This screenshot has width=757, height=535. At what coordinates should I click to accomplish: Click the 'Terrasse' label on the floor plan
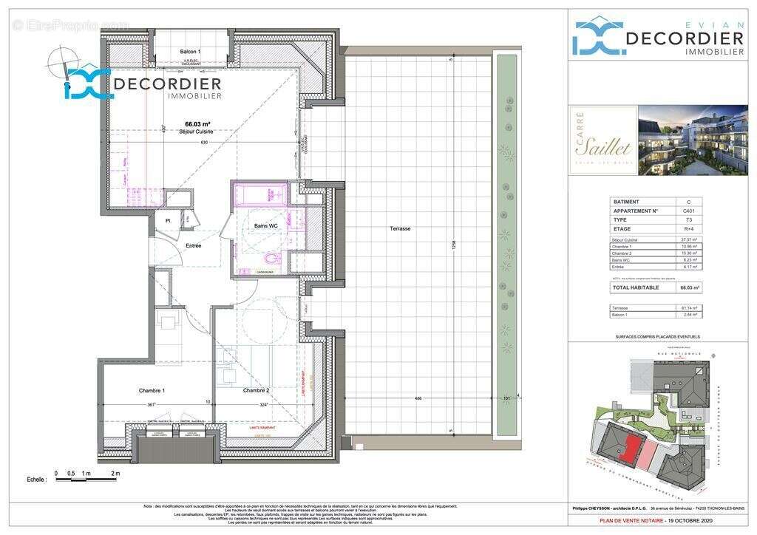click(400, 229)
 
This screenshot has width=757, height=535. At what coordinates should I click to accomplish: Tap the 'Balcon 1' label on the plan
click(190, 51)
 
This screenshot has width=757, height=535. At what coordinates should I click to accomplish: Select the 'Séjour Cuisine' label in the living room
click(197, 132)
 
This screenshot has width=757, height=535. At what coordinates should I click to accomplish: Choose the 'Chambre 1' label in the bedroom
click(152, 390)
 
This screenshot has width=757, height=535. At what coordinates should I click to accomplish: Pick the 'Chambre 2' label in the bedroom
click(255, 390)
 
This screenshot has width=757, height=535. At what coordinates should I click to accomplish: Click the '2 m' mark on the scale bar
click(115, 473)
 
